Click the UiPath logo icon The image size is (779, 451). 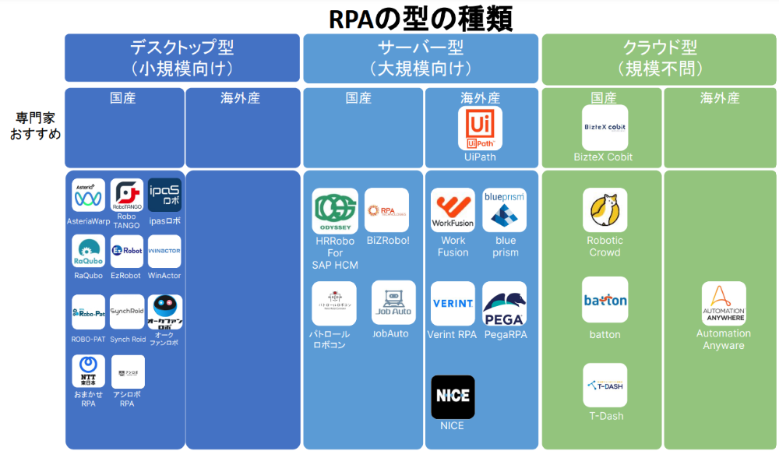(x=480, y=128)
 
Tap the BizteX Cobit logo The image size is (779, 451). (x=605, y=128)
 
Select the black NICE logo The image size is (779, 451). (x=453, y=396)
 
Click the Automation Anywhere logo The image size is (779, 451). (x=724, y=303)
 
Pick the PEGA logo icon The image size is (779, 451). (x=504, y=304)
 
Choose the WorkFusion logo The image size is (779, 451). (x=453, y=210)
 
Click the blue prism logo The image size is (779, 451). (x=504, y=210)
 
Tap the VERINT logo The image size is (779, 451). (x=453, y=304)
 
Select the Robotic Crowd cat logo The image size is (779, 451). (x=605, y=210)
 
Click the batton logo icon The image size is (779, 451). (x=605, y=300)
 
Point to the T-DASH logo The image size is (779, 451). (x=605, y=385)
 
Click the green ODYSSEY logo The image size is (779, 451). (x=335, y=210)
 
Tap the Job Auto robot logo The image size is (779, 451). (x=393, y=302)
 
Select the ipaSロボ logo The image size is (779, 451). (x=164, y=196)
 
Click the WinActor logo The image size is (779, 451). (x=164, y=251)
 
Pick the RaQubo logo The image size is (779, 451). (x=89, y=251)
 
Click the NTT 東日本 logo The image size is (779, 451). (x=89, y=371)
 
